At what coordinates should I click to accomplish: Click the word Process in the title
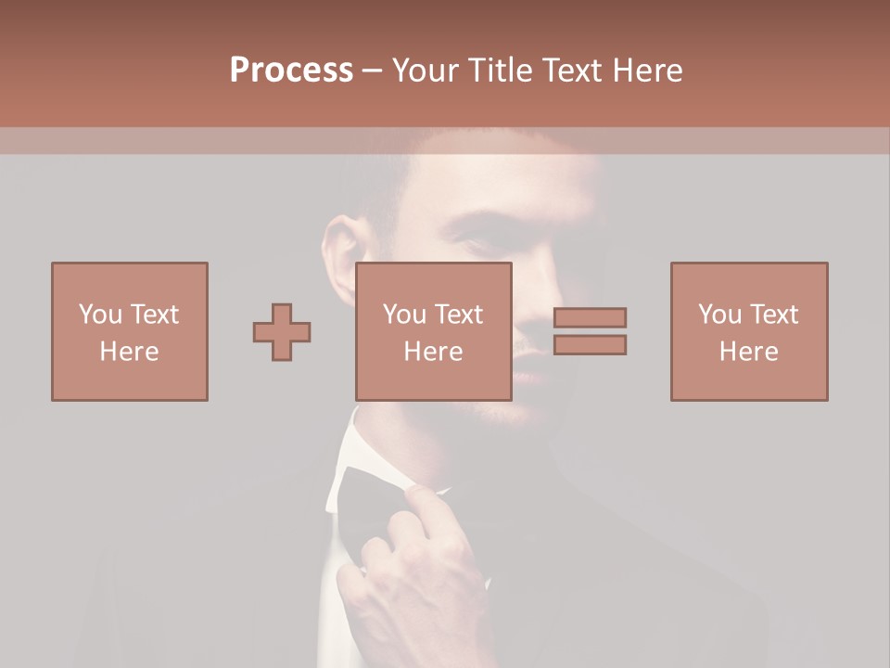[x=291, y=71]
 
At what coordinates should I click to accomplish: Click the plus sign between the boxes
[x=282, y=332]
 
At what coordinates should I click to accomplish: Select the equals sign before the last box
[x=590, y=331]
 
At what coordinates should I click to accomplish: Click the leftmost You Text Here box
[x=130, y=332]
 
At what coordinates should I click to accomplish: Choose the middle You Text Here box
[x=434, y=332]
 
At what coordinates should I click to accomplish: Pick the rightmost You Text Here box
[x=749, y=332]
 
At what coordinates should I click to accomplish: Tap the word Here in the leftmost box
[x=130, y=352]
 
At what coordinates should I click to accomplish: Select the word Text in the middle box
[x=460, y=315]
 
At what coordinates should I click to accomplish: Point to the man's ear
[x=339, y=246]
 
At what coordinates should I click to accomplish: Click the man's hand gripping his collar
[x=417, y=575]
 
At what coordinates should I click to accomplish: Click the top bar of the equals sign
[x=590, y=317]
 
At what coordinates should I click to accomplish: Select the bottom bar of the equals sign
[x=590, y=345]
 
